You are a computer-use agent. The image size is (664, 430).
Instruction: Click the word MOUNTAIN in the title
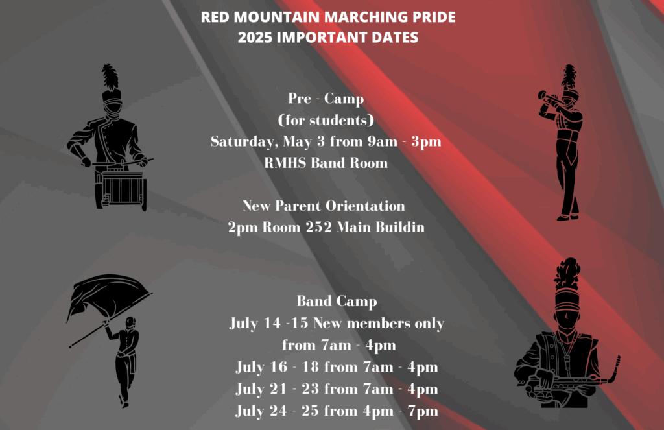click(277, 17)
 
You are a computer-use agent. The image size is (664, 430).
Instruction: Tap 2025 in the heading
click(254, 37)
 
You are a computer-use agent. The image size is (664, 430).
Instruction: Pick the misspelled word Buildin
click(399, 227)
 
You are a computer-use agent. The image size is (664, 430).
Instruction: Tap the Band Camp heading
click(337, 302)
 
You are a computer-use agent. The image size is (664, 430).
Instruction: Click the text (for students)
click(326, 121)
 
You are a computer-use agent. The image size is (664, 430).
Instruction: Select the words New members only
click(379, 323)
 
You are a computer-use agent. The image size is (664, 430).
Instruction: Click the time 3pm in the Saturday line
click(426, 142)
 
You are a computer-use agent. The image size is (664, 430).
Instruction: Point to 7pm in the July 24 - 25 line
click(423, 411)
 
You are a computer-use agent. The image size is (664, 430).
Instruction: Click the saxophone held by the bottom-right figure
click(580, 379)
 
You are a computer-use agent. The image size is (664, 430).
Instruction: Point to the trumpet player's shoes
click(568, 217)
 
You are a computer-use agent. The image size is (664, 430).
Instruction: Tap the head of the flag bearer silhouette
click(130, 322)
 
